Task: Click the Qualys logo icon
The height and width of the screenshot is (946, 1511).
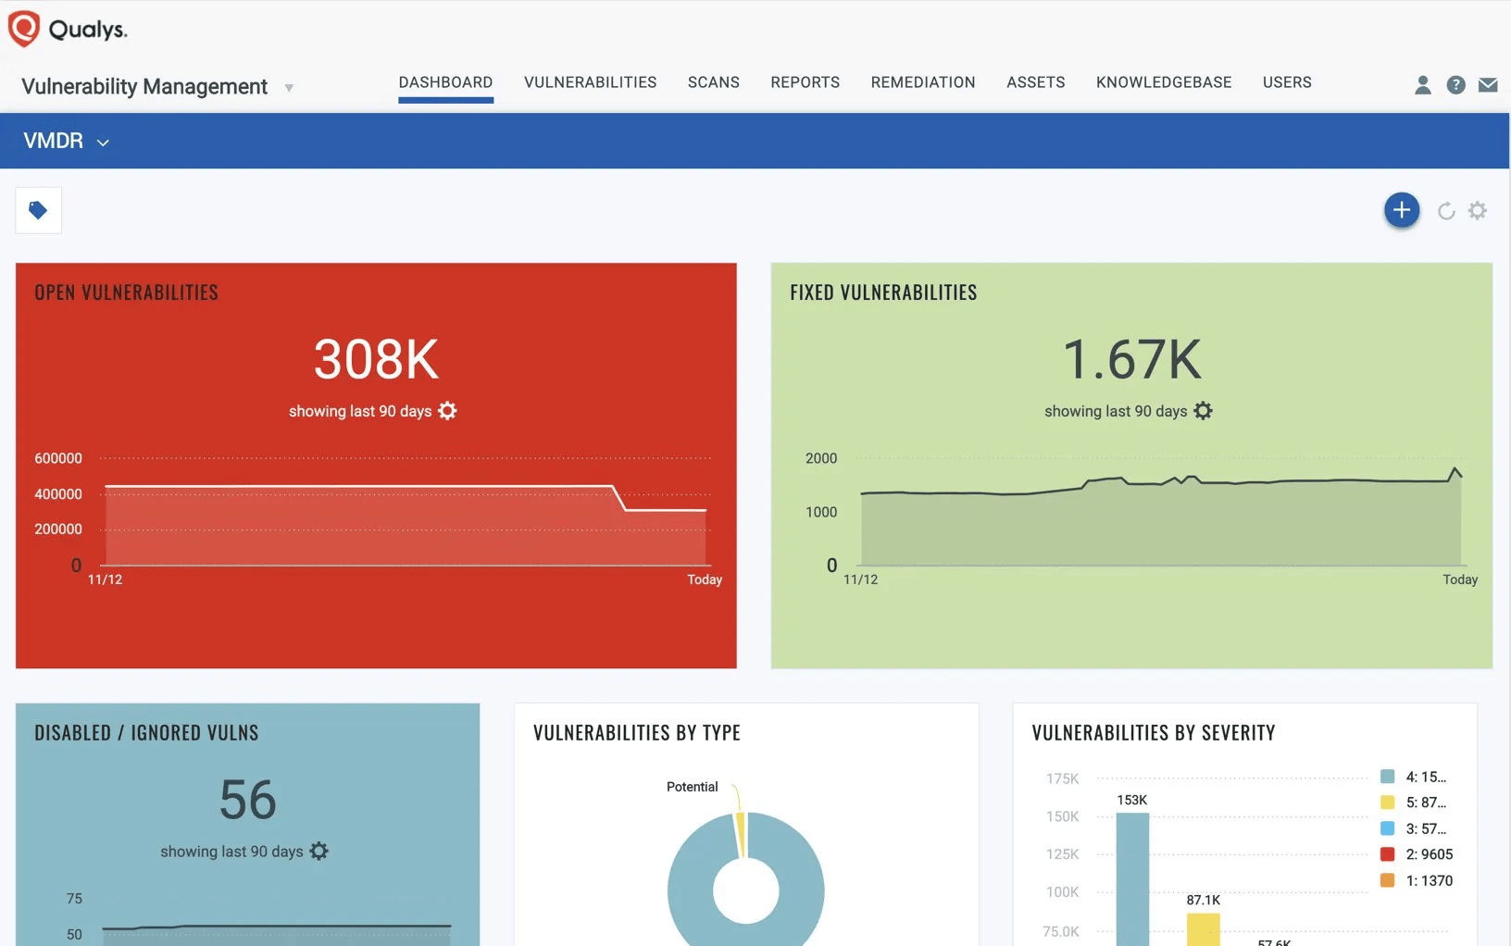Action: pyautogui.click(x=24, y=29)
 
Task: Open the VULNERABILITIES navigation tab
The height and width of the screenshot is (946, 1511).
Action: pyautogui.click(x=590, y=82)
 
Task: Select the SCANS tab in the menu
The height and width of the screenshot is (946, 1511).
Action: pyautogui.click(x=713, y=82)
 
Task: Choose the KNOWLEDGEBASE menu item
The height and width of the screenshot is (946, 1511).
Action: pyautogui.click(x=1163, y=82)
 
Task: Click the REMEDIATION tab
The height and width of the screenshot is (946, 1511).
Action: pyautogui.click(x=922, y=82)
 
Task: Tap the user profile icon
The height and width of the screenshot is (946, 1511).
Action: pyautogui.click(x=1422, y=85)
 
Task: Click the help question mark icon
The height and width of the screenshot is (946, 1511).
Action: pyautogui.click(x=1455, y=85)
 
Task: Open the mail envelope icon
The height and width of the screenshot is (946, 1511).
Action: pyautogui.click(x=1488, y=85)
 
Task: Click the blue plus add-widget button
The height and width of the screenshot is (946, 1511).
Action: pyautogui.click(x=1401, y=210)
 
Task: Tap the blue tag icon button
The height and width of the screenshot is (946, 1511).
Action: pyautogui.click(x=38, y=210)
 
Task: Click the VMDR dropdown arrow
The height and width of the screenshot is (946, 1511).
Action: pyautogui.click(x=103, y=143)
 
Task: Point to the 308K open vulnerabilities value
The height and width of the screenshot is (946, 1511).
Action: pyautogui.click(x=376, y=359)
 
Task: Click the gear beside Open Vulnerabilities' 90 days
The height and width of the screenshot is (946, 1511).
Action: pyautogui.click(x=447, y=411)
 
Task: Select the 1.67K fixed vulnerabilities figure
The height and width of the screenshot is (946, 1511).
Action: pyautogui.click(x=1131, y=359)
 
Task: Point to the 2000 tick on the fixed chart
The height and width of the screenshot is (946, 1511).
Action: pyautogui.click(x=820, y=458)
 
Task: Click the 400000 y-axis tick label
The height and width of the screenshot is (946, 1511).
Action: pyautogui.click(x=58, y=494)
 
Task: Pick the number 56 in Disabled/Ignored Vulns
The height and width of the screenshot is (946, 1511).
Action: pyautogui.click(x=247, y=800)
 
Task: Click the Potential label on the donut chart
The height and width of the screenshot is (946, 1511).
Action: pyautogui.click(x=692, y=787)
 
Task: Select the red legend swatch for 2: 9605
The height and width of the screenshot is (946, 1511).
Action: pyautogui.click(x=1387, y=854)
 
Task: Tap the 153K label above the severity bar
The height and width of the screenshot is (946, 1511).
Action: pyautogui.click(x=1131, y=800)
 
